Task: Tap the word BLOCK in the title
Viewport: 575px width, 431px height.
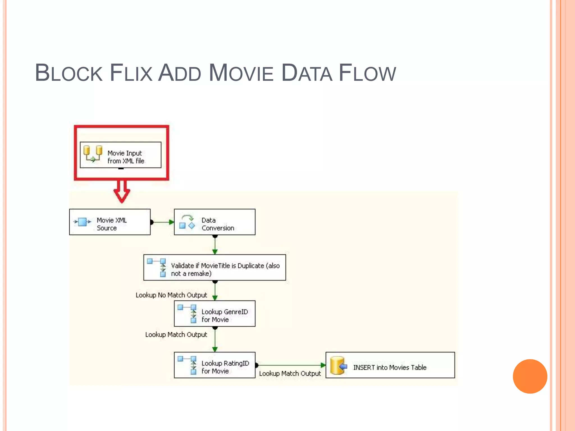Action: [x=69, y=73]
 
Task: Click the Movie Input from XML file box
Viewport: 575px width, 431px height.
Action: [x=121, y=155]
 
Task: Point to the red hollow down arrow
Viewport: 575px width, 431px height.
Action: [x=122, y=191]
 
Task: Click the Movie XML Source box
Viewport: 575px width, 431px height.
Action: [x=110, y=222]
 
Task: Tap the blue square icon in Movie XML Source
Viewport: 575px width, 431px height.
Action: [x=82, y=222]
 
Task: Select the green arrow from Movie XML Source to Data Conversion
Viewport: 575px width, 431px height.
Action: [x=162, y=222]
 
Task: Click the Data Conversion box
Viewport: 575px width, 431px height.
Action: [x=215, y=222]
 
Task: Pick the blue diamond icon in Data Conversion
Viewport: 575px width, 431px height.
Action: [x=192, y=225]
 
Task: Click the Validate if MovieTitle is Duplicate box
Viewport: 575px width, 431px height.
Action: [x=215, y=267]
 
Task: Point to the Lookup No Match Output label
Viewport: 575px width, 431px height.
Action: [x=171, y=295]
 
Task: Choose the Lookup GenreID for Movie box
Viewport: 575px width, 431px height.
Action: [x=215, y=313]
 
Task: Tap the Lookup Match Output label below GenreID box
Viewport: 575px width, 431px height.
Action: [x=176, y=335]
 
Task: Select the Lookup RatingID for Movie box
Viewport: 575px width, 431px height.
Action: [x=215, y=365]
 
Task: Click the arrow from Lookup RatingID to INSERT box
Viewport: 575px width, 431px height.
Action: [x=291, y=365]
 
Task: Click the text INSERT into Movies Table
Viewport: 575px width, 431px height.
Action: [x=390, y=368]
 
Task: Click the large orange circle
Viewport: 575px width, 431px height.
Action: [x=530, y=376]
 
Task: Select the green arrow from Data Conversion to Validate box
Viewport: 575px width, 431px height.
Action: [x=215, y=245]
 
